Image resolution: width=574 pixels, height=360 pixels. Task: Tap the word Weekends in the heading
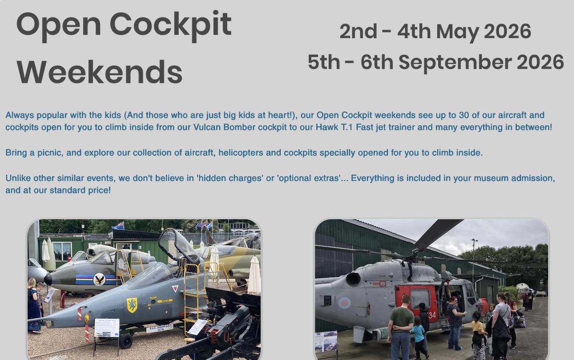99,71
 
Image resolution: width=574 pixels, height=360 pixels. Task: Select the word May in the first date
458,32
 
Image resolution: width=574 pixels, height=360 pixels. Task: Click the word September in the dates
455,63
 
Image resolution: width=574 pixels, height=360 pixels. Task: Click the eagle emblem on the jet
99,279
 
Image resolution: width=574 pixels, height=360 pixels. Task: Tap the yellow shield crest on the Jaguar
132,305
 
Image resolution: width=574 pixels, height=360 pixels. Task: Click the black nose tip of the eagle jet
48,279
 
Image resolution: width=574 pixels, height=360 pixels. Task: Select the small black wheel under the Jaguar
126,341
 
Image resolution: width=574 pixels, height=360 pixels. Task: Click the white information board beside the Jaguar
107,328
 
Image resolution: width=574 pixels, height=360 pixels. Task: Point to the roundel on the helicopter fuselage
344,303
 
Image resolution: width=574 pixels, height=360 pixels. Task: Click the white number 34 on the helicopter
432,315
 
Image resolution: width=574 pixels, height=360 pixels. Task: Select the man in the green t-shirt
401,328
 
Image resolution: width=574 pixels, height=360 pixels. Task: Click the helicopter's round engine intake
353,279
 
